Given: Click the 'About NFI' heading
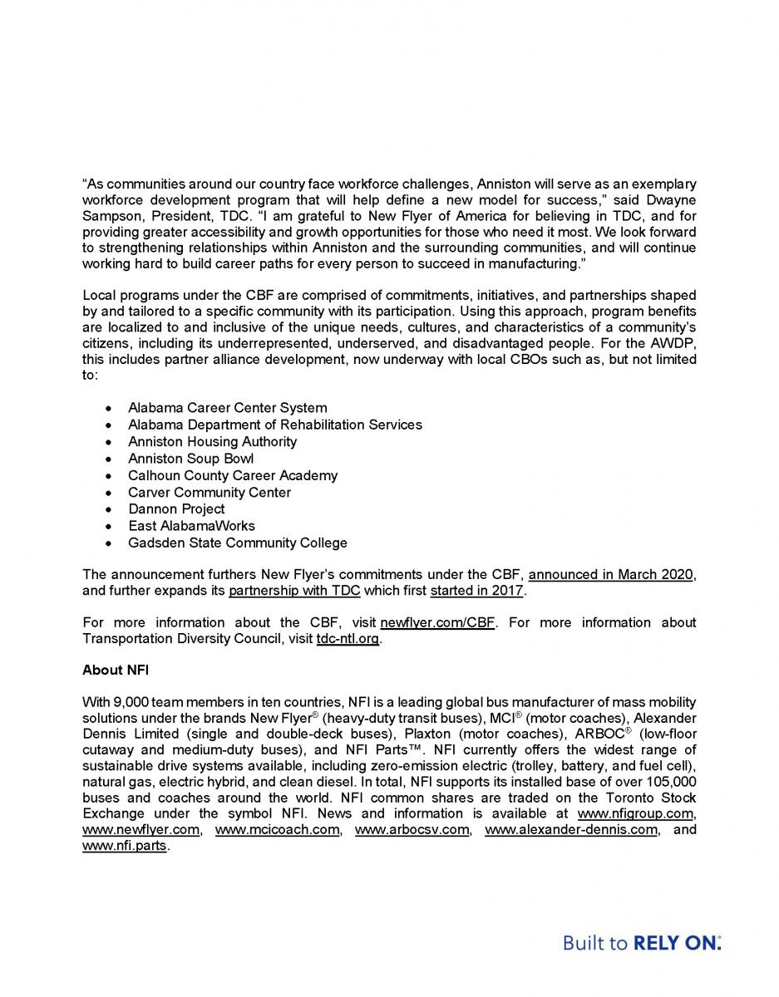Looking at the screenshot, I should (x=115, y=669).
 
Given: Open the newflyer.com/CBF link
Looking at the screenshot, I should (x=437, y=622).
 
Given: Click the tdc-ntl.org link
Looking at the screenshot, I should (x=348, y=639).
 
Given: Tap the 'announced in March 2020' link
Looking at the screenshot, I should (x=611, y=575).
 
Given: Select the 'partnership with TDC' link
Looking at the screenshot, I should (x=294, y=592).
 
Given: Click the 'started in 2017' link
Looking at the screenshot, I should (x=476, y=592).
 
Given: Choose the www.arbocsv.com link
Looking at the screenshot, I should (x=412, y=830).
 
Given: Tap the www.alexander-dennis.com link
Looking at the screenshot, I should (x=570, y=830).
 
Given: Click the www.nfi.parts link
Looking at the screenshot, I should (x=125, y=847).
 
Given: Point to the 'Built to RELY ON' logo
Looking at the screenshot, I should (x=642, y=943).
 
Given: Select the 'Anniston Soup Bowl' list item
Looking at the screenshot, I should (x=190, y=459).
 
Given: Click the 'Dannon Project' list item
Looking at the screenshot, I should (x=176, y=508).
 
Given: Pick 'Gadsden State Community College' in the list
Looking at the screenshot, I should (x=238, y=543).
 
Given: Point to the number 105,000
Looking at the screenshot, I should (x=666, y=782).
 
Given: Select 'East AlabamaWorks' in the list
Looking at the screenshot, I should (x=191, y=526).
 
